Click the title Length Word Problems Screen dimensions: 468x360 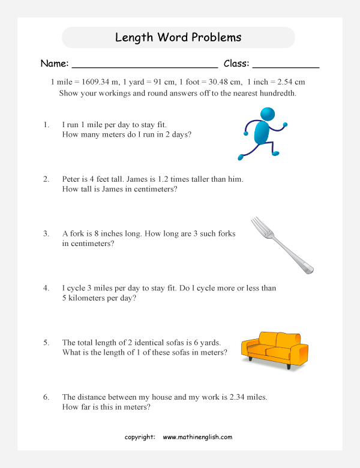(178, 37)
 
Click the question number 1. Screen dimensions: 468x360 (46, 125)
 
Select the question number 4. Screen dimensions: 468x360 (46, 288)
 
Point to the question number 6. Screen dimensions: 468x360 (46, 397)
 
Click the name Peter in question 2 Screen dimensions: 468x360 (72, 179)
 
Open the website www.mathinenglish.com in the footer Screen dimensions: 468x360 (197, 437)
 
